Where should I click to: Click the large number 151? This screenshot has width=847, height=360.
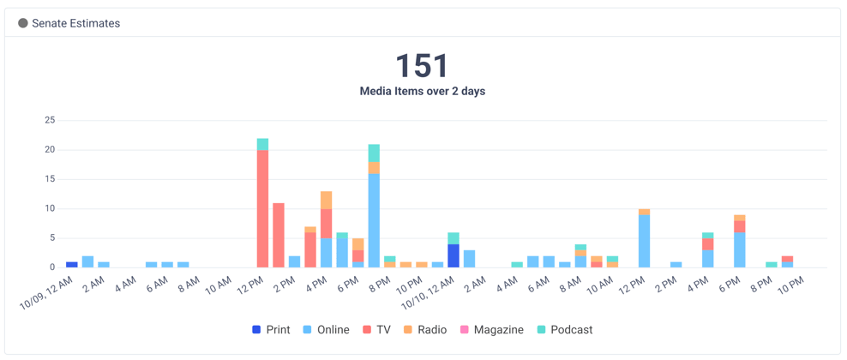coord(422,65)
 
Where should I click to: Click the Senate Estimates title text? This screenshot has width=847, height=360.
coord(75,23)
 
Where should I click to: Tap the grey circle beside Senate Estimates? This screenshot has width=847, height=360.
coord(23,23)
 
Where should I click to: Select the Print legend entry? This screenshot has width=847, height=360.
coord(271,329)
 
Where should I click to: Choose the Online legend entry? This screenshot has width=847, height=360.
coord(326,329)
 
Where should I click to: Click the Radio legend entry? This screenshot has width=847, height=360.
coord(425,329)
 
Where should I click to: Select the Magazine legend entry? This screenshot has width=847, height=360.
coord(491,329)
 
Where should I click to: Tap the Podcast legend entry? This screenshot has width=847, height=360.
coord(565,329)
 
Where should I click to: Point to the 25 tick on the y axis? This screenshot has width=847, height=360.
coord(50,121)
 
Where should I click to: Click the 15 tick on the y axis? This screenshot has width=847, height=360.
coord(50,179)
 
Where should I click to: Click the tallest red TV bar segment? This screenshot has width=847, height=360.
coord(262,208)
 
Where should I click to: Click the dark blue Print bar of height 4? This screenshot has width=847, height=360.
coord(454,255)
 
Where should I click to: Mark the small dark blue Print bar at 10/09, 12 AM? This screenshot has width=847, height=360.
coord(72,264)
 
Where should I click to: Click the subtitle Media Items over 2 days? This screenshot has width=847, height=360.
coord(422,91)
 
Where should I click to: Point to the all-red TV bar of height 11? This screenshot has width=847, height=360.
coord(279,235)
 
